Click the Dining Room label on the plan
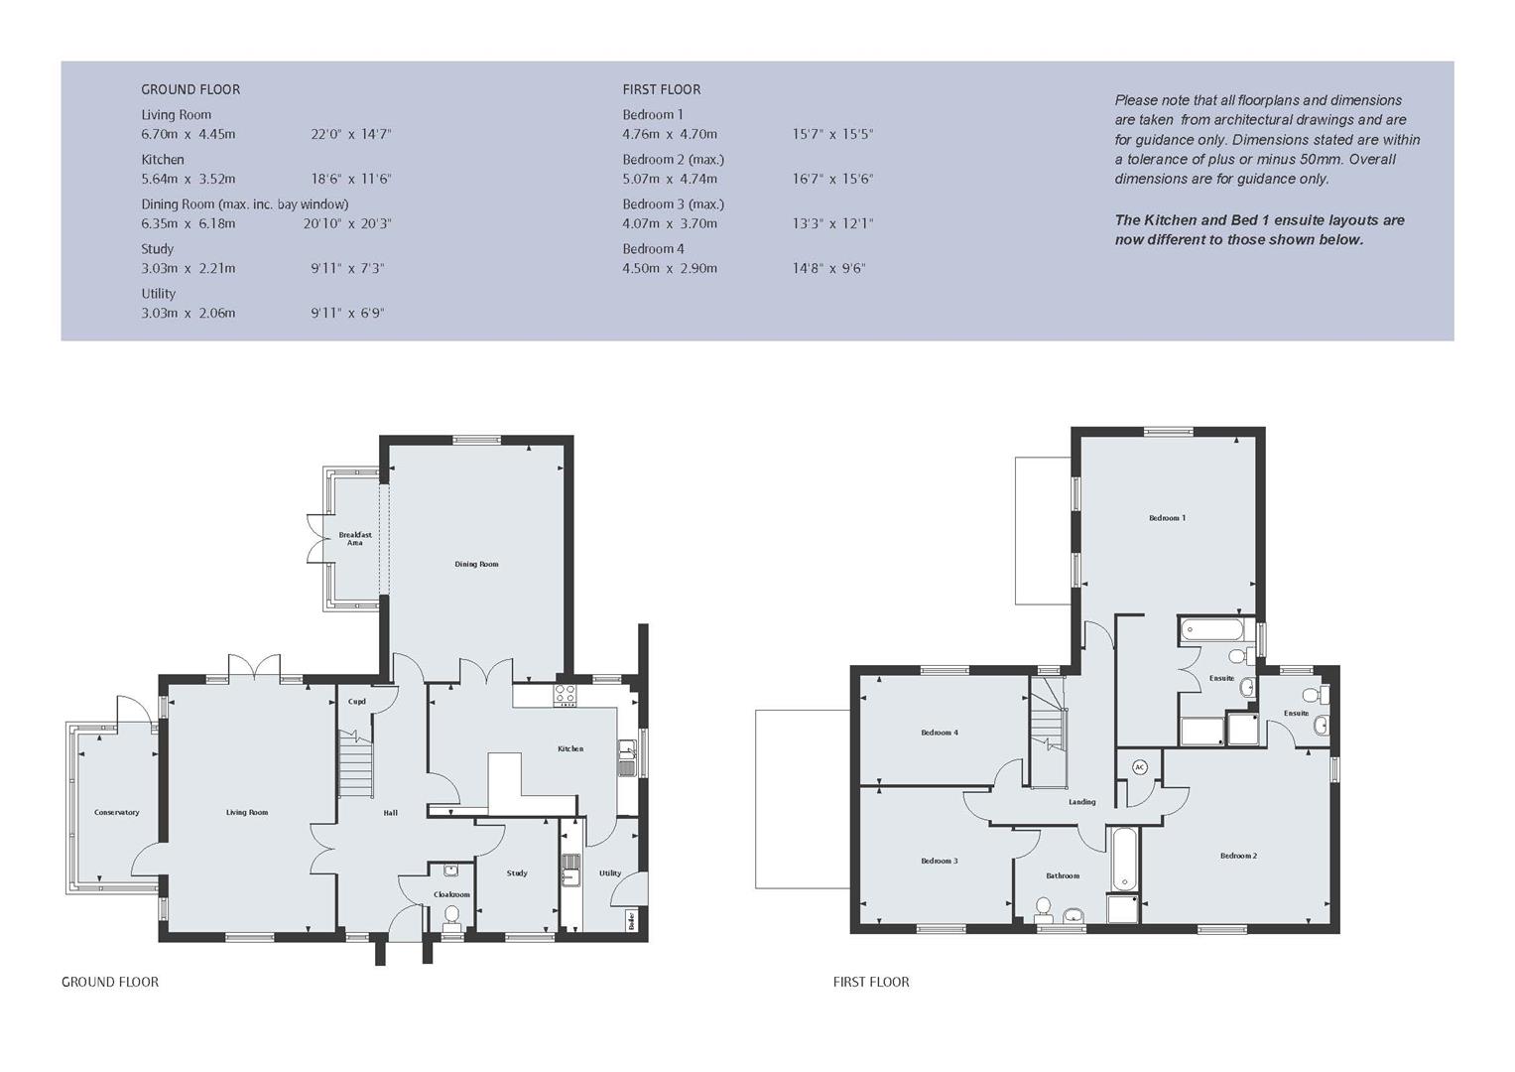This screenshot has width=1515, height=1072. [x=476, y=564]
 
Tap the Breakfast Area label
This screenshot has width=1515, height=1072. [x=354, y=539]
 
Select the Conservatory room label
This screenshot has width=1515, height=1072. [x=117, y=812]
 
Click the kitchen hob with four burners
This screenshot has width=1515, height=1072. [x=566, y=695]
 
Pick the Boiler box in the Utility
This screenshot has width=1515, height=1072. [x=631, y=921]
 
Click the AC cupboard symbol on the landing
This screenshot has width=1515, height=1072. [x=1139, y=767]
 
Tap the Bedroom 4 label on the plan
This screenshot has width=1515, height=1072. [x=939, y=733]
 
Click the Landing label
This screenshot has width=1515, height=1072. [x=1081, y=802]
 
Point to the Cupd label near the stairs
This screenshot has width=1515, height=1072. [x=356, y=702]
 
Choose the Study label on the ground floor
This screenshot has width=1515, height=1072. [x=517, y=873]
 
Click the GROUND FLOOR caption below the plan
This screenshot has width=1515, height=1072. [x=110, y=982]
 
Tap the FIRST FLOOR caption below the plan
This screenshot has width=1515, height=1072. [x=871, y=982]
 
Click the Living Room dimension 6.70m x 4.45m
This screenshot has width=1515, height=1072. [x=189, y=134]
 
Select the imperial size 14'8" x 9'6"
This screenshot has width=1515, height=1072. [x=828, y=268]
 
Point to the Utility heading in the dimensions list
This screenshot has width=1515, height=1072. [x=159, y=293]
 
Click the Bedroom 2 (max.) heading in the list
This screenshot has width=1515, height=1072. [x=674, y=159]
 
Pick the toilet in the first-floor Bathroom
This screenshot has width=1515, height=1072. [x=1043, y=908]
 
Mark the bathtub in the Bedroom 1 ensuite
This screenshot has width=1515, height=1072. [x=1211, y=629]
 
